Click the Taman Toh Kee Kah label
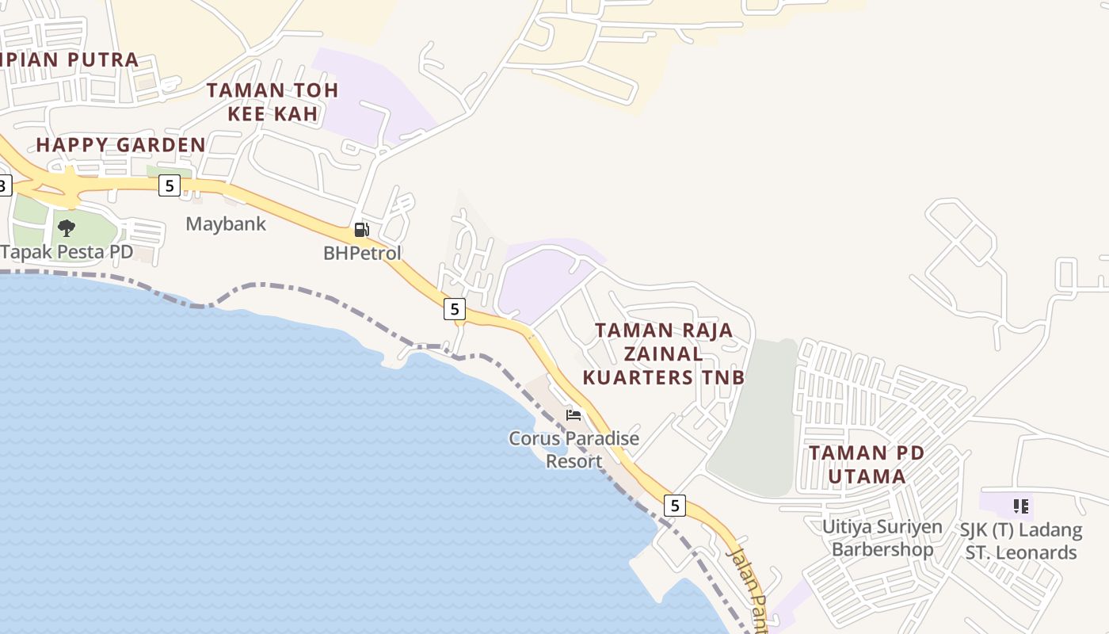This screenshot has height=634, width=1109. point(272,101)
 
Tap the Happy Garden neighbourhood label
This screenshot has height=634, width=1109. point(120,145)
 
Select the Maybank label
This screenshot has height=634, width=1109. point(226,223)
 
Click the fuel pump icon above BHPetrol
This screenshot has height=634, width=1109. point(361,230)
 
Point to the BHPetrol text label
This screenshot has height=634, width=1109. point(362,254)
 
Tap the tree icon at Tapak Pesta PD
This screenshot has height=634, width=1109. point(67,228)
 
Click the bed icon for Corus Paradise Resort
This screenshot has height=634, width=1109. point(574,415)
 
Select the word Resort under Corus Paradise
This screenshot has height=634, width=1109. point(574,460)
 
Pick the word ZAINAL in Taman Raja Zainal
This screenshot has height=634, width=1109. point(664,353)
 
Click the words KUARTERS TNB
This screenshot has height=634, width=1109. point(664,377)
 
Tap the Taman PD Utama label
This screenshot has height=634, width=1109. point(867,464)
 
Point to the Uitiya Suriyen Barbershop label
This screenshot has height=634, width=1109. point(882,538)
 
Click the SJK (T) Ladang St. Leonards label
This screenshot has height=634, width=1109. point(1020,541)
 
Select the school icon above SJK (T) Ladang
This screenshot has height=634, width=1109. point(1021,506)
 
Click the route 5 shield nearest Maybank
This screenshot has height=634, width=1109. point(169,185)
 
